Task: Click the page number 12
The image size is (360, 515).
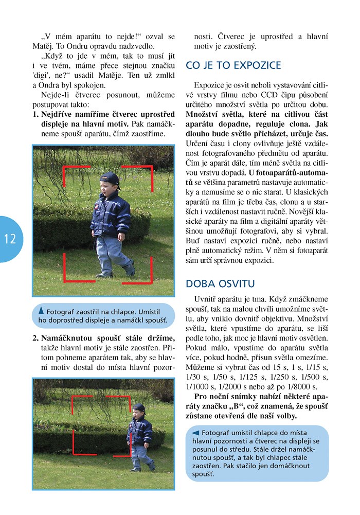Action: [x=9, y=239]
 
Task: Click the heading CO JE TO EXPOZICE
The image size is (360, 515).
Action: [x=233, y=65]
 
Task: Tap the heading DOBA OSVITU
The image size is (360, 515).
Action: [x=220, y=283]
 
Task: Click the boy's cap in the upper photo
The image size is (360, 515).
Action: [x=110, y=180]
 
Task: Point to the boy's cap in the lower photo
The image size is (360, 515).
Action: [x=139, y=409]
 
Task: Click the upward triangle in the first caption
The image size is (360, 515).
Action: [x=41, y=311]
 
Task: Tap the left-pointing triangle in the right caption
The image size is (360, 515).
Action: [x=195, y=432]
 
